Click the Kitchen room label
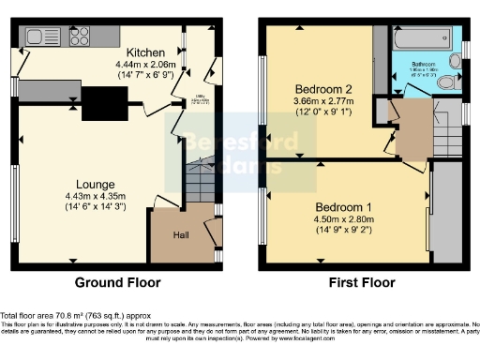(x=145, y=52)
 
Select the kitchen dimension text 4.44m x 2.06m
(x=145, y=64)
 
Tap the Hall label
(x=183, y=234)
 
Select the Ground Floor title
(x=117, y=281)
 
